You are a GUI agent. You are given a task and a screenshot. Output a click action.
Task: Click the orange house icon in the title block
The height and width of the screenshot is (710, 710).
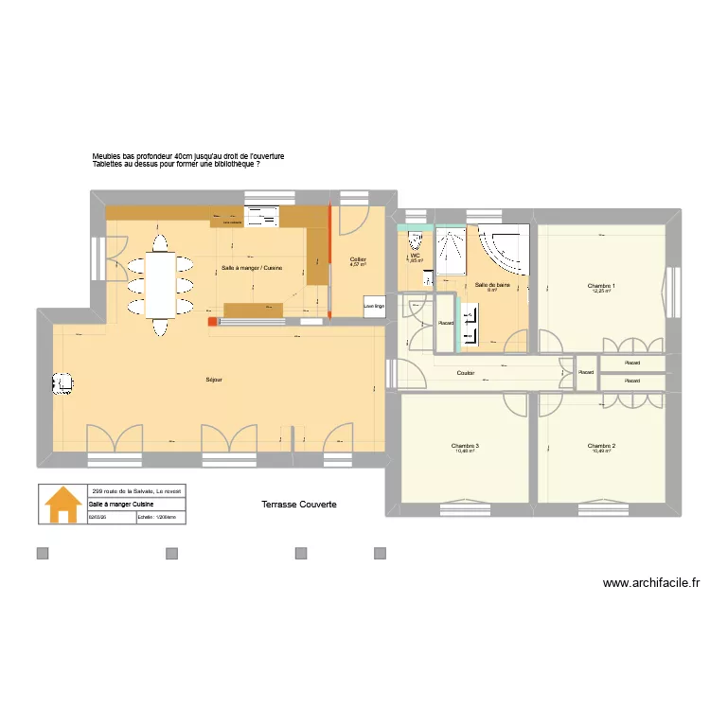[62, 504]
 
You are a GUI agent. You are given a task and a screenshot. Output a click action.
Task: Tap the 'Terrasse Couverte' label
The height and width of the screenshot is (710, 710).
[298, 505]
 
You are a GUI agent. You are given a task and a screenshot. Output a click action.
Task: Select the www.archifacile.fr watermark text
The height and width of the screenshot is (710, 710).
[650, 584]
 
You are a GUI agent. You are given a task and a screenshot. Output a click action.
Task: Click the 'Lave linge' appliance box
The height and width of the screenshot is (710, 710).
[374, 306]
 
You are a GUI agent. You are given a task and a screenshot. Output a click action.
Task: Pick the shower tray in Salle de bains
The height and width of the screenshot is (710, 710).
[451, 251]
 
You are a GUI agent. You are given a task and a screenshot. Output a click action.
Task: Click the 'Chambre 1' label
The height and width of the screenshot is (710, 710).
[601, 287]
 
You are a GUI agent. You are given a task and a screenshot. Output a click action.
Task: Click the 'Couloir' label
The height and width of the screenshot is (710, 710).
[465, 373]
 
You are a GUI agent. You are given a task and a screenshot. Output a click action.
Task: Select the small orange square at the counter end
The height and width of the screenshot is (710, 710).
[212, 320]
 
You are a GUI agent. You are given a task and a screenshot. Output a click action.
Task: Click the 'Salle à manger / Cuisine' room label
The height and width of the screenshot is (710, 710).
[252, 268]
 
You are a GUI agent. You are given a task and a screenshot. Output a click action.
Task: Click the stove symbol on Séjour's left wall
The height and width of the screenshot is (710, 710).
[62, 382]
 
